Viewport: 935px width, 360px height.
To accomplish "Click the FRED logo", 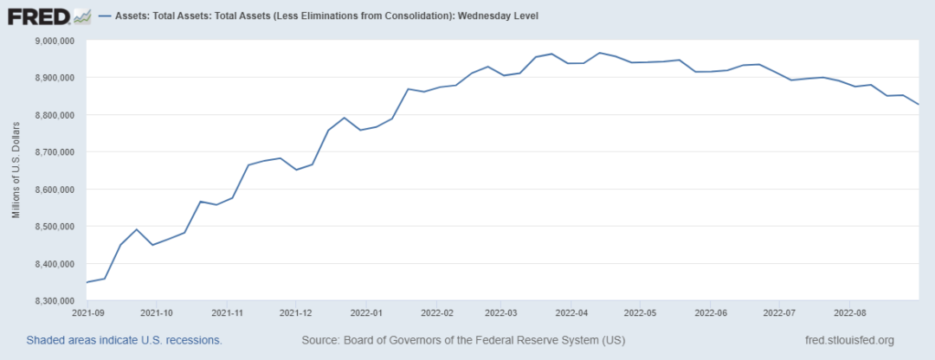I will click(x=48, y=16).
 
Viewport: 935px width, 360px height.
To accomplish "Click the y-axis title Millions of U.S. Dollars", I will click(x=16, y=171).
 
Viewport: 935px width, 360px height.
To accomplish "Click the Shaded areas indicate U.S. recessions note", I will click(x=124, y=340).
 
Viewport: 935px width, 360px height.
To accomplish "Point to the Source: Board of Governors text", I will click(x=463, y=340).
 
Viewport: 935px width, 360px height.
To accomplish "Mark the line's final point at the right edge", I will click(x=919, y=105).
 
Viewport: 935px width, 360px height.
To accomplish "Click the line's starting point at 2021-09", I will click(x=86, y=282).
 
